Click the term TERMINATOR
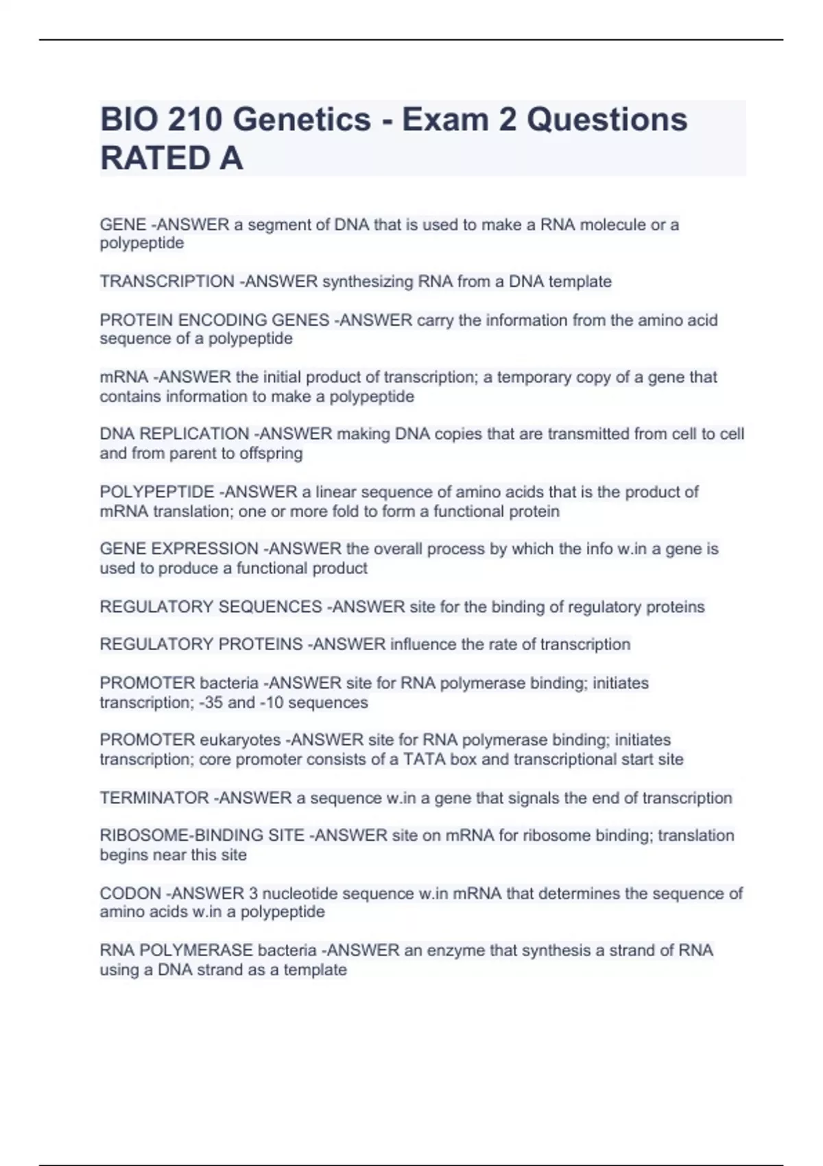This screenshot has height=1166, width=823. (154, 798)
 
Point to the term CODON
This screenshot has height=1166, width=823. (130, 894)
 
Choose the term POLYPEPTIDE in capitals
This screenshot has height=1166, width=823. (157, 492)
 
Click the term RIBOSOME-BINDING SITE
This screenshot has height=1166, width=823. (202, 835)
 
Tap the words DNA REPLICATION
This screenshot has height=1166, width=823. (174, 434)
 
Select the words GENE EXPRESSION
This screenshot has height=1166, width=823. (179, 549)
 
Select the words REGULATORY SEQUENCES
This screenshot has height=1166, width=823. (211, 607)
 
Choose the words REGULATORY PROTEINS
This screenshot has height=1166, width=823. (201, 645)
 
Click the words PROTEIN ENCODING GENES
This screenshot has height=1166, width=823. (214, 320)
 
